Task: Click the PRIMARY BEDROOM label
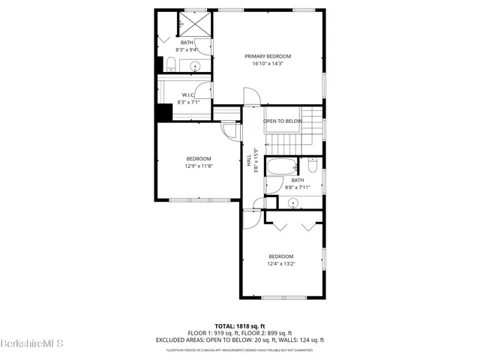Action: tap(268, 56)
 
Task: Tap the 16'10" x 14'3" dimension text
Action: tap(268, 64)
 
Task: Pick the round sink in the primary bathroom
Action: tap(196, 65)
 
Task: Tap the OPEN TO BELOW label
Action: tap(283, 121)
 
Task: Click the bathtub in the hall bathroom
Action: tap(283, 166)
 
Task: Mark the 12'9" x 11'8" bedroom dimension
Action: tap(199, 166)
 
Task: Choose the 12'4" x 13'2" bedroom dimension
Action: tap(281, 263)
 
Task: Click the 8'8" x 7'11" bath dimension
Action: tap(298, 187)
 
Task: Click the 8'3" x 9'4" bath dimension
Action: tap(187, 49)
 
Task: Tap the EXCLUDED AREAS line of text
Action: tap(239, 339)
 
